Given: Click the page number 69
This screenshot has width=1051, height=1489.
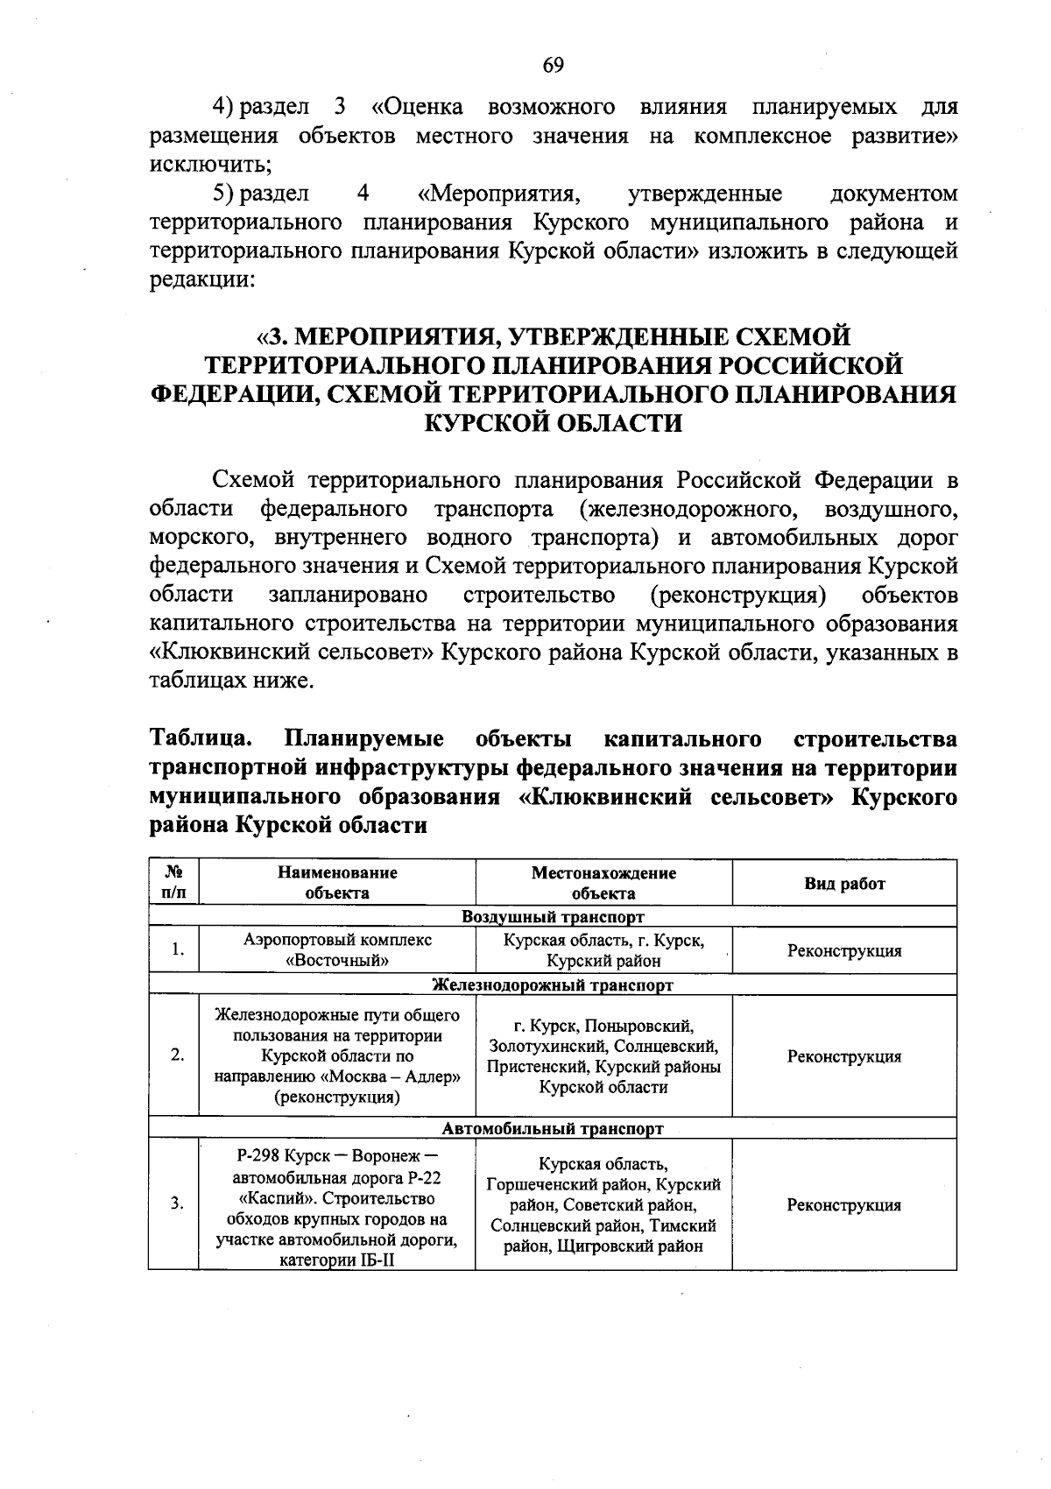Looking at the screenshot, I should (553, 65).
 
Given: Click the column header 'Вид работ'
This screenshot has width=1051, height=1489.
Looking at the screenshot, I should (844, 883).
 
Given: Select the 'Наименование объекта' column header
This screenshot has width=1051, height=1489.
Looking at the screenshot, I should (337, 883).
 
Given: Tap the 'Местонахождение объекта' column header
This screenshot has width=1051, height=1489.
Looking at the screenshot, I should (603, 883).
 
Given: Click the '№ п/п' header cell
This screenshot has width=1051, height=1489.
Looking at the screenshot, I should (173, 883).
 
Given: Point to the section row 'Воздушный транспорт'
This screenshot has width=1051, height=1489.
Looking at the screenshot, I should (553, 917).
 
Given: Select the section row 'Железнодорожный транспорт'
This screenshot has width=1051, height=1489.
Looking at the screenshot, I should (553, 984).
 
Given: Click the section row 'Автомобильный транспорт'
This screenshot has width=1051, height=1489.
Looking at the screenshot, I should (553, 1128).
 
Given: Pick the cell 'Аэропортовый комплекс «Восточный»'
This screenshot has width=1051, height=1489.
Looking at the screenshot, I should (337, 950).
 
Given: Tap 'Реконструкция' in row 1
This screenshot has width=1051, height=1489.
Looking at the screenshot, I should (844, 951).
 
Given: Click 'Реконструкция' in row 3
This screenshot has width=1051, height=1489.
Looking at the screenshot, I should (844, 1205).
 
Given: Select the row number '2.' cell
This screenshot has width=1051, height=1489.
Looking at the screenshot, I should (177, 1056).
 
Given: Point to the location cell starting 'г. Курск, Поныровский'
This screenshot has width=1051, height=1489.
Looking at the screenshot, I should (603, 1056).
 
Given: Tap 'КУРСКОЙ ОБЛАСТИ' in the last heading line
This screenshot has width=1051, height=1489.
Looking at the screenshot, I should (553, 423).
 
